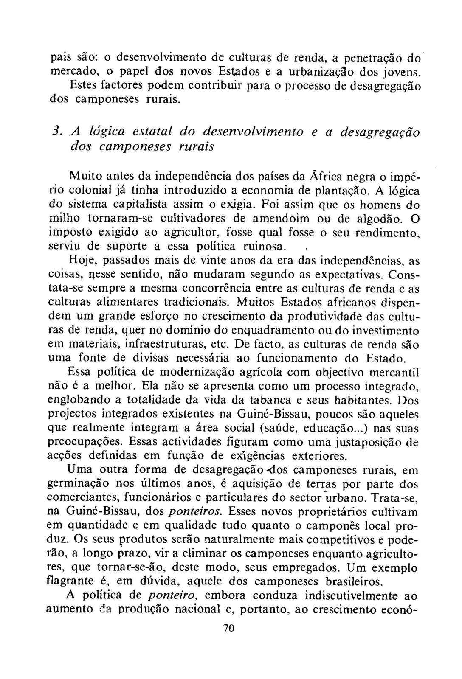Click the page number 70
click(229, 628)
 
